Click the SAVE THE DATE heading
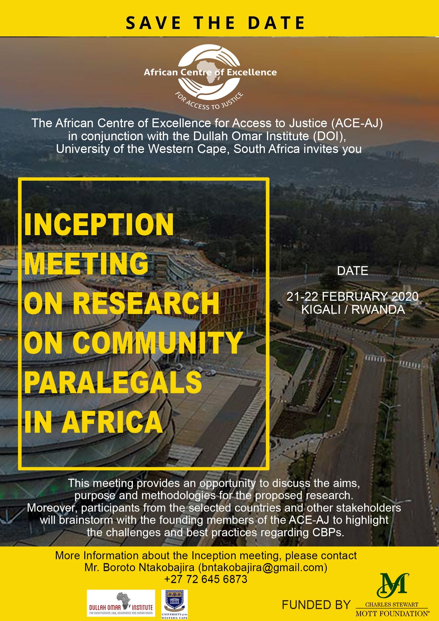coord(215,23)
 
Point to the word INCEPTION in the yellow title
coord(99,225)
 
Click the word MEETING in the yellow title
coord(86,264)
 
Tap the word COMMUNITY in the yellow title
coord(158,343)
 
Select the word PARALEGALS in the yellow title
coord(113,382)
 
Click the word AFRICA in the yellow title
coord(112,422)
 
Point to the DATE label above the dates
coord(352,271)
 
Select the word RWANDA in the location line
coord(378,310)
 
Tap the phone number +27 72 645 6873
coord(206,579)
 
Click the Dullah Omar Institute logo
coord(121,603)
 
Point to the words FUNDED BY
coord(316,605)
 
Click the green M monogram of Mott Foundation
coord(393,588)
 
